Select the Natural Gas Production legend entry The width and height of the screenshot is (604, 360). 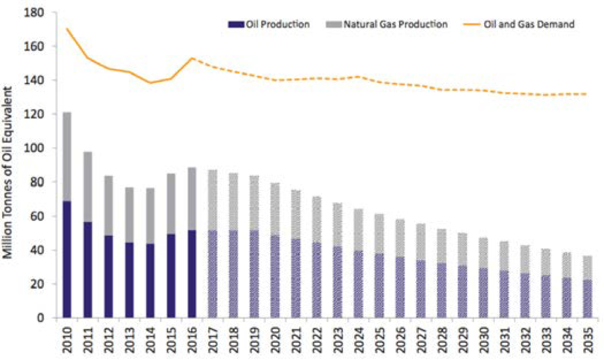point(395,24)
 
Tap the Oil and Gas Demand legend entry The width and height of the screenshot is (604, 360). point(529,24)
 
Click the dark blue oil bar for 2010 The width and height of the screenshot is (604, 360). point(67,260)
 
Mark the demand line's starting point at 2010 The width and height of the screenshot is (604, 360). point(67,29)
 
